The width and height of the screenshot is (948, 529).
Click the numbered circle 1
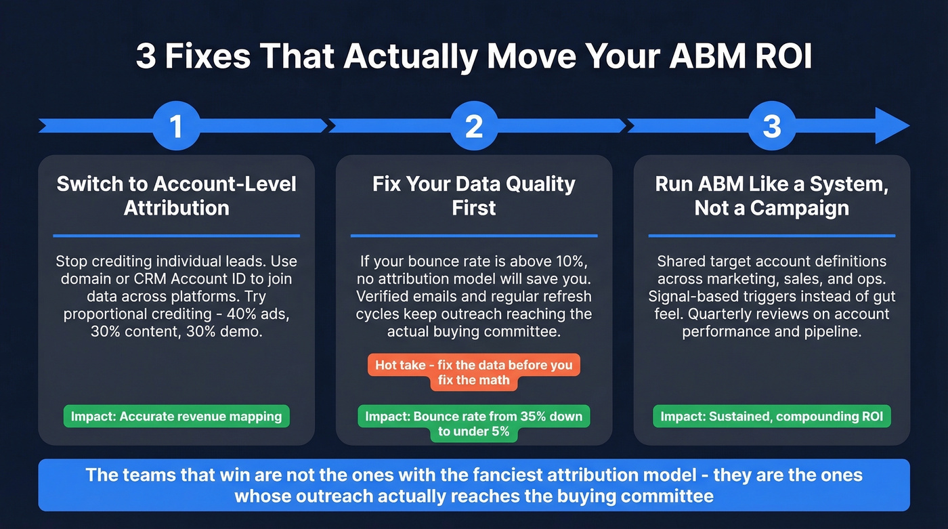(x=176, y=126)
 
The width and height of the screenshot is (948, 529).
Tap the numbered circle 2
(x=474, y=126)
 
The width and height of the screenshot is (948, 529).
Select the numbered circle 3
(x=772, y=126)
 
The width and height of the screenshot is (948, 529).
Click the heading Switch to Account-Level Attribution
(x=176, y=195)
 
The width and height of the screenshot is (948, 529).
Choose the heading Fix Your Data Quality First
(x=474, y=195)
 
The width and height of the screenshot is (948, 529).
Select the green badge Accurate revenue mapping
(x=177, y=416)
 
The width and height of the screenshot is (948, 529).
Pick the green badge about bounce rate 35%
(x=474, y=423)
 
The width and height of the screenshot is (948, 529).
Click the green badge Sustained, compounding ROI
(x=772, y=416)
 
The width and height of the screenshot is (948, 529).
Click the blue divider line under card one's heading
(x=176, y=236)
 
